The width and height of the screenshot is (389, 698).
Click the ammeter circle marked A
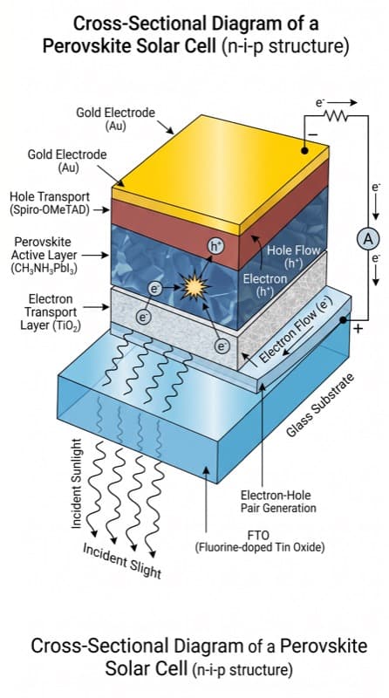pos(368,240)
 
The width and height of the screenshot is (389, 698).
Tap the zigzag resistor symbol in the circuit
pos(337,116)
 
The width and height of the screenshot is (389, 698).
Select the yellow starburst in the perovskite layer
pos(195,287)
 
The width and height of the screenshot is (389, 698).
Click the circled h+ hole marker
pos(215,246)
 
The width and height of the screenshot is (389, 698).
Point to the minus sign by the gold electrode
pos(313,134)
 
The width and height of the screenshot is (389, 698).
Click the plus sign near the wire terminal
pos(358,329)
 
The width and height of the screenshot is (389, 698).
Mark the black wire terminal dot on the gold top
pos(304,151)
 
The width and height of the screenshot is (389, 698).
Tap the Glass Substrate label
pos(320,406)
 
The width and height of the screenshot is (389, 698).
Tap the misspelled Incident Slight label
pos(121,561)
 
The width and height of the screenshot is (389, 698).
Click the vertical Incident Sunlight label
pos(77,484)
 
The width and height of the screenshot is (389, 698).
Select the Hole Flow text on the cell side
pos(293,250)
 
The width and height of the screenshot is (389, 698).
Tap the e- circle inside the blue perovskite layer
pos(154,290)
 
